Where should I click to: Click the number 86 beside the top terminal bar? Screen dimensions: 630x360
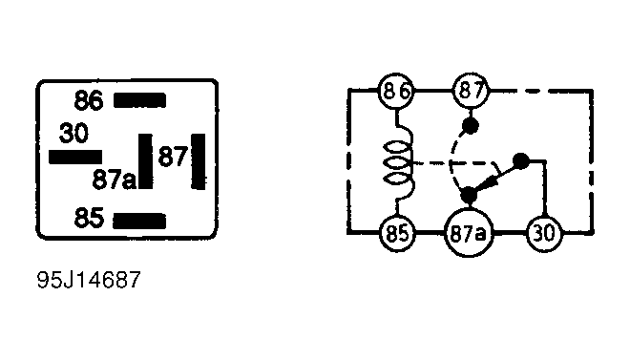point(89,100)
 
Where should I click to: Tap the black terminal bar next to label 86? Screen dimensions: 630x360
point(139,100)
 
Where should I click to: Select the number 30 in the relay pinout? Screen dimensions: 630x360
point(73,133)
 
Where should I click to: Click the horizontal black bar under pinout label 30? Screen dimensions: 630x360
point(75,157)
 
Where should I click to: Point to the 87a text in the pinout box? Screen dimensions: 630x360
point(115,180)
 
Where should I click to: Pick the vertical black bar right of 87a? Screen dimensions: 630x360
point(145,161)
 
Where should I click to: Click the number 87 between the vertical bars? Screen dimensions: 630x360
point(173,157)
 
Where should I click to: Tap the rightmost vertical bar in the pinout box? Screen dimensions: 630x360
point(199,161)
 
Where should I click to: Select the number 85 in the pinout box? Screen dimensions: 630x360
point(89,218)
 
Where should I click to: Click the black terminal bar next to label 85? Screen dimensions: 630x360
point(139,221)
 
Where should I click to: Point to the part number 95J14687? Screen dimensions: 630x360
point(89,280)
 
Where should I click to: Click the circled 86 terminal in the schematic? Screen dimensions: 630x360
point(396,91)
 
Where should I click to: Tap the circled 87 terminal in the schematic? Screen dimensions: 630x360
point(471,91)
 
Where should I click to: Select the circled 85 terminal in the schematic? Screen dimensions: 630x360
point(397,233)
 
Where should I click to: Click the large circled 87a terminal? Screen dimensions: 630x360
point(469,233)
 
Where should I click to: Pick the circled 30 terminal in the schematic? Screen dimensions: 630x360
point(545,233)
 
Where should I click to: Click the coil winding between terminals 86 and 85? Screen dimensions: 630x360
point(399,162)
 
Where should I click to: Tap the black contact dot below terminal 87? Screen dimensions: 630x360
point(470,126)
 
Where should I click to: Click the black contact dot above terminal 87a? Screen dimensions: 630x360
point(469,196)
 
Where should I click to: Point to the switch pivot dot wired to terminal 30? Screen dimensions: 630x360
point(521,161)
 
